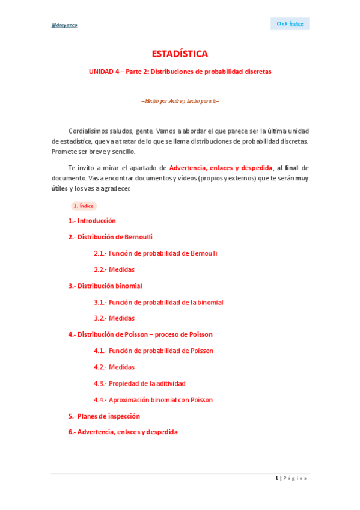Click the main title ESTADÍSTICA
pos(180,54)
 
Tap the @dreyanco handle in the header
pos(64,25)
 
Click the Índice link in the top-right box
pos(297,24)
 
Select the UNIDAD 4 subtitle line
pos(180,72)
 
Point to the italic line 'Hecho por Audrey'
pos(180,101)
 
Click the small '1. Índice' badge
pos(83,206)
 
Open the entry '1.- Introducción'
pos(92,221)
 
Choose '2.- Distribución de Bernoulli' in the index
pos(110,237)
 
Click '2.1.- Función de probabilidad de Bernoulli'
pos(155,253)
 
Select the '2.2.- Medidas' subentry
pos(114,269)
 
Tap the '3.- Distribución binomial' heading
pos(105,286)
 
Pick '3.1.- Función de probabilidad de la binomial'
pos(158,302)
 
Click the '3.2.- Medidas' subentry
pos(114,318)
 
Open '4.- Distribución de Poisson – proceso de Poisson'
pos(140,334)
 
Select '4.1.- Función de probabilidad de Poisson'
pos(153,351)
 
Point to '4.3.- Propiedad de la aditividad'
pos(139,383)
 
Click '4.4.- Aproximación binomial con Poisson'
pos(153,399)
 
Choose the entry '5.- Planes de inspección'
pos(104,416)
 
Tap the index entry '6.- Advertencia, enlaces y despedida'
pos(123,432)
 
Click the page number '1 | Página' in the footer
pos(291,478)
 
